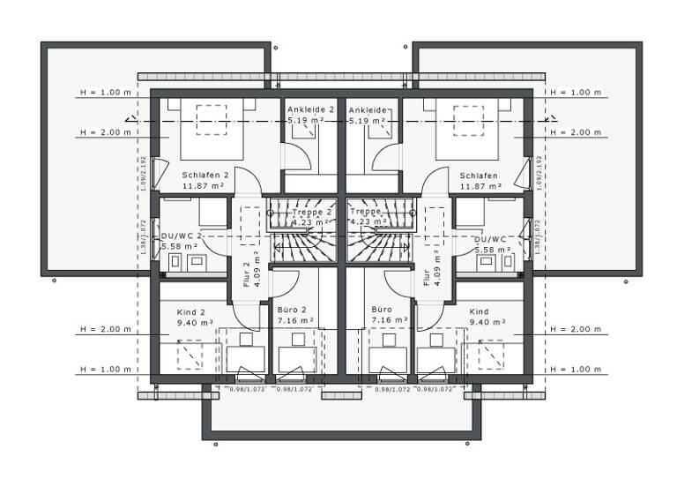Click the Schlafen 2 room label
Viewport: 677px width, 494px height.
tap(205, 175)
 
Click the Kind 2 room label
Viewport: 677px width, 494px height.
tap(190, 312)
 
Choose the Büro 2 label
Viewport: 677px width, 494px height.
tap(290, 311)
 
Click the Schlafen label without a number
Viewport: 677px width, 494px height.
tap(479, 175)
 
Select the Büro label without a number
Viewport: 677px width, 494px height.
tap(381, 311)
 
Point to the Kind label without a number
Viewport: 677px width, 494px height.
tap(479, 312)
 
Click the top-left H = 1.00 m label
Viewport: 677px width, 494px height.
tap(105, 93)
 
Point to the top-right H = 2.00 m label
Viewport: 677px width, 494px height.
tap(575, 132)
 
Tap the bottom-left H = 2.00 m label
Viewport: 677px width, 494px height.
tap(105, 329)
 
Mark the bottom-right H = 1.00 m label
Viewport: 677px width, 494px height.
tap(575, 369)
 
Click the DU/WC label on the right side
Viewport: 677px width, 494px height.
tap(489, 238)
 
